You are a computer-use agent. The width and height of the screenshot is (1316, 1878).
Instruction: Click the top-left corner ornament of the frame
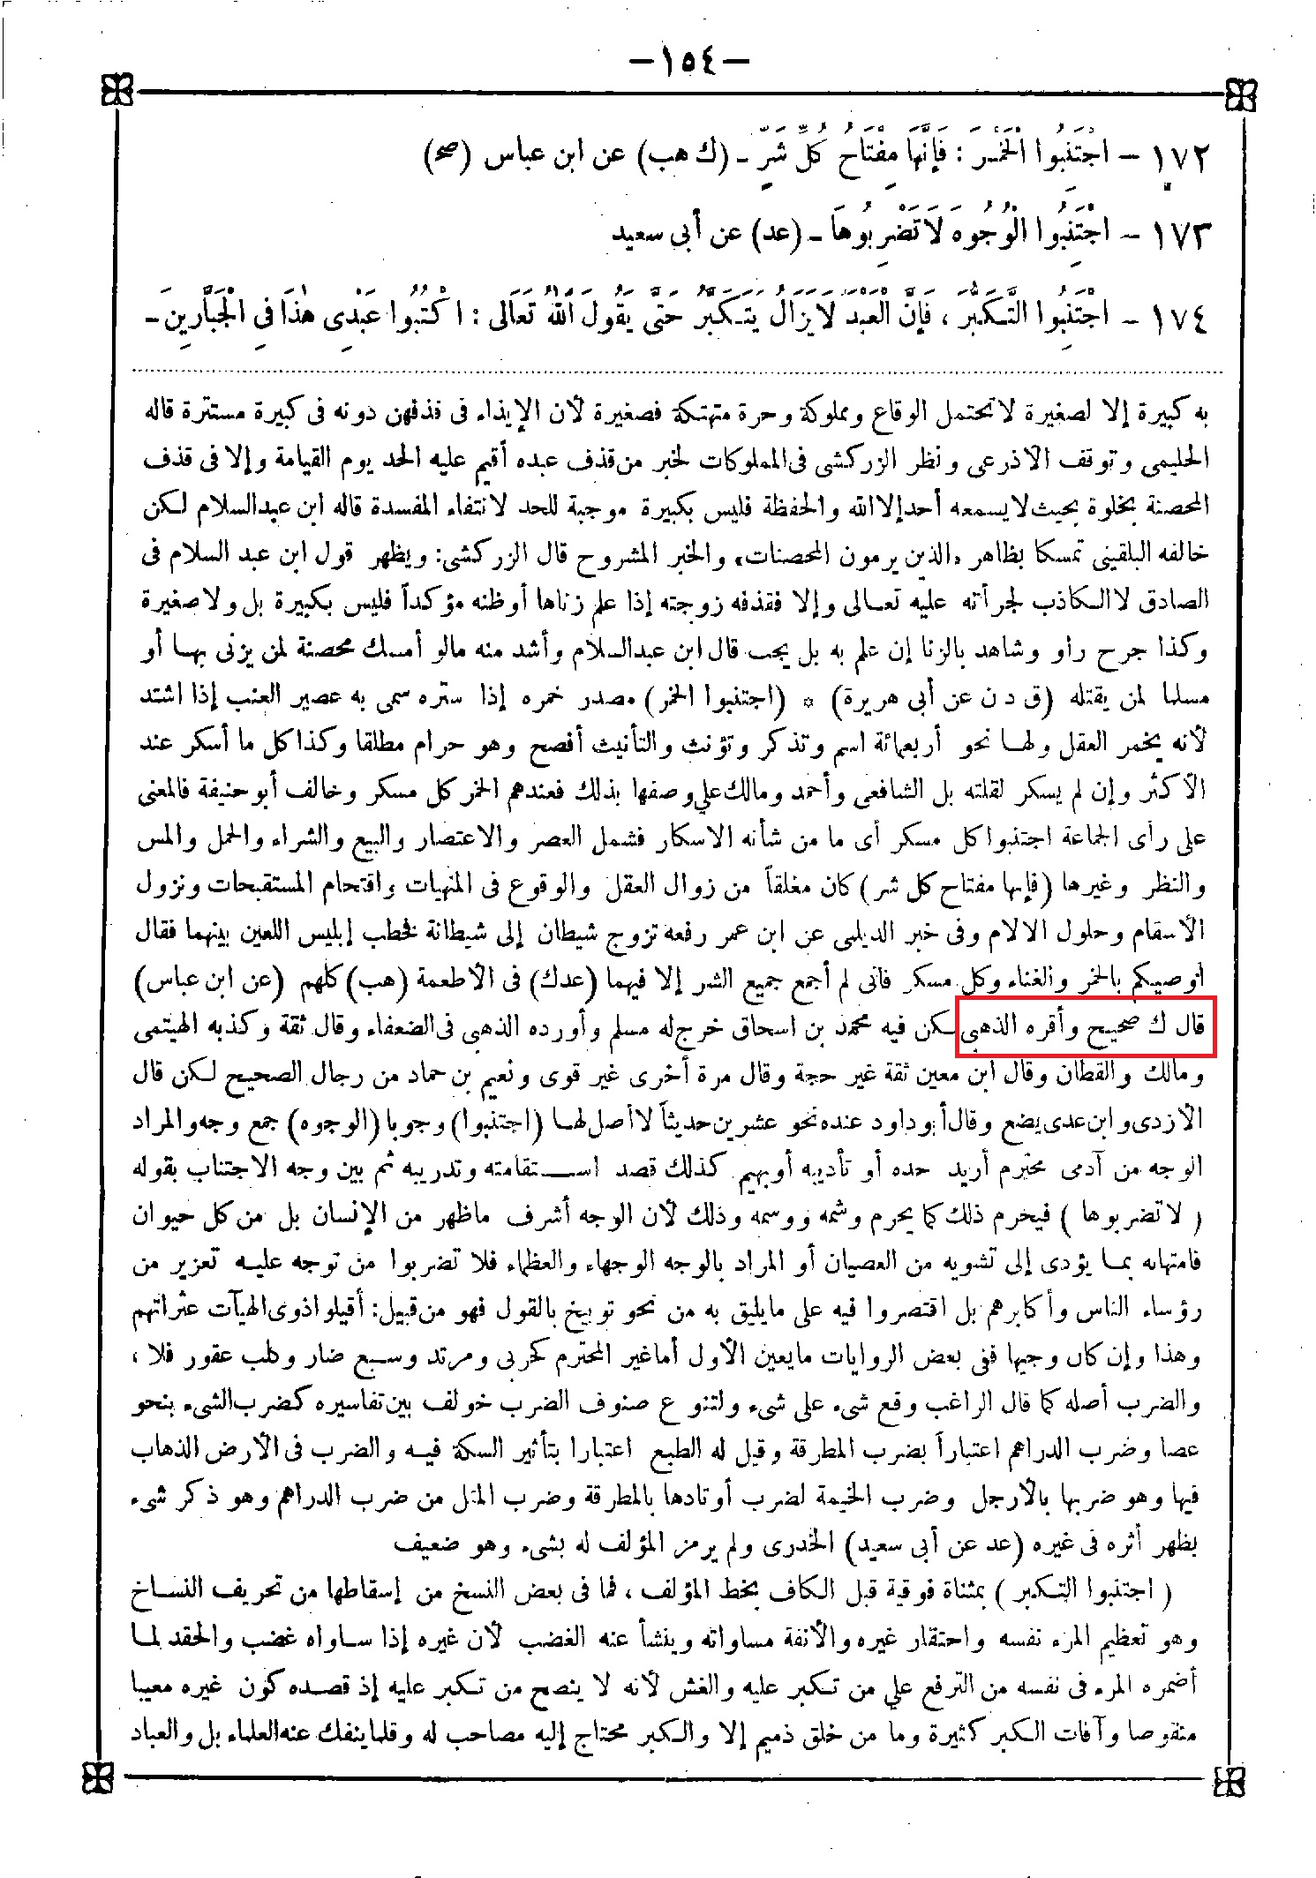pyautogui.click(x=117, y=89)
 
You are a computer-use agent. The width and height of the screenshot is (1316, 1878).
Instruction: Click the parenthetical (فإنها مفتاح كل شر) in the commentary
pyautogui.click(x=954, y=887)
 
